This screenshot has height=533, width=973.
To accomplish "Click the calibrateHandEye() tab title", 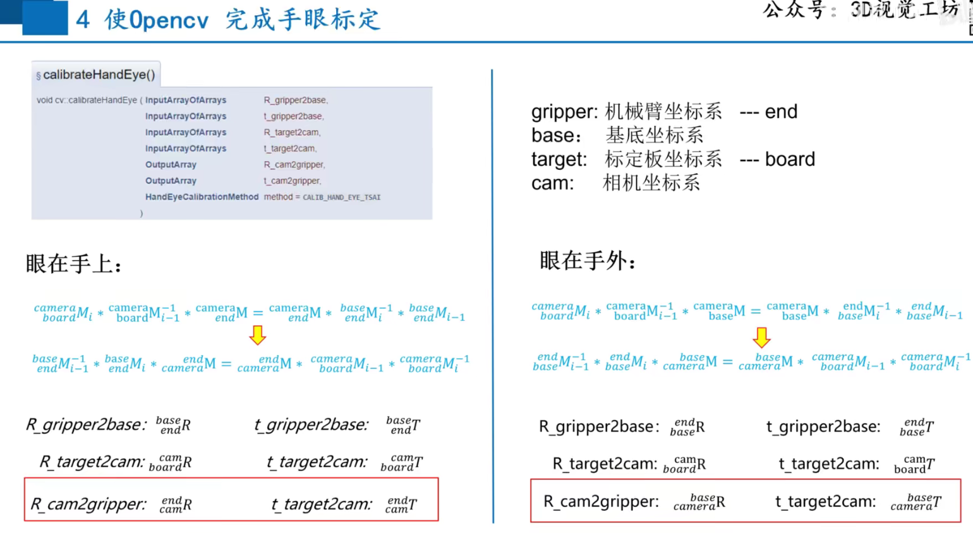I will coord(99,75).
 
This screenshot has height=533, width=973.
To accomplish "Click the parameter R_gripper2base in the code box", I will coord(295,100).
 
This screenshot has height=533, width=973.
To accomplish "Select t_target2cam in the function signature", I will coord(289,148).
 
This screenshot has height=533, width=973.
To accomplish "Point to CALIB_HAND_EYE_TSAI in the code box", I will coord(341,197).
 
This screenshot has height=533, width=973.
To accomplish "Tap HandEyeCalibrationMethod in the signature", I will coord(202,197).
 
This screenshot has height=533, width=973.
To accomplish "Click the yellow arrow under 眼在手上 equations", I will coord(257,335).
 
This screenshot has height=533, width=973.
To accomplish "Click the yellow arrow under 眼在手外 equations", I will coord(761,337).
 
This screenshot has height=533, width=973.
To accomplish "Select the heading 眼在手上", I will coord(73,264).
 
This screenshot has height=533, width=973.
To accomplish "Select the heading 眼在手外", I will coord(587,261).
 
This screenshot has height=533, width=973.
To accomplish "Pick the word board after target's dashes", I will coord(790,159).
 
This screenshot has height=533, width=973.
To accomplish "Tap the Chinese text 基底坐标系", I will coord(654,135).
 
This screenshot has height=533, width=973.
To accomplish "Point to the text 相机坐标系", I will coord(651,183).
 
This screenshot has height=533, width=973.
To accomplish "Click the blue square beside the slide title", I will coord(44,18).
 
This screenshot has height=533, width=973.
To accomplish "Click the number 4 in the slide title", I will coord(83,20).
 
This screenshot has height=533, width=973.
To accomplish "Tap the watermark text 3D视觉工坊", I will coord(904,9).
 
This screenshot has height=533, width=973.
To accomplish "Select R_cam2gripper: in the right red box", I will coord(601,501).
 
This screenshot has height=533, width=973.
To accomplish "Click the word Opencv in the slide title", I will coord(169,20).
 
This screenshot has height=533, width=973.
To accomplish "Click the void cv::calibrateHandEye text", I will coord(87,100).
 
